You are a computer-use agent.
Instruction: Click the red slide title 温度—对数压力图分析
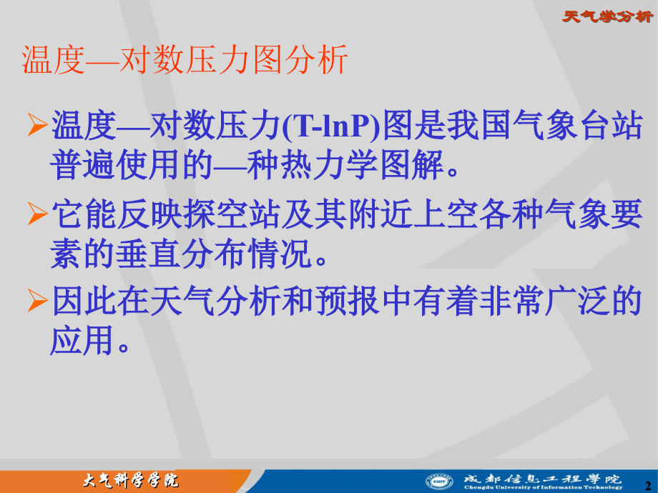point(185,60)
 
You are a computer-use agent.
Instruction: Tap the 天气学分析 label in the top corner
point(608,16)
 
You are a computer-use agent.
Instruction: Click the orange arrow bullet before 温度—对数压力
point(37,124)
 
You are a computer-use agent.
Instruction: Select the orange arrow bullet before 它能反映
point(37,214)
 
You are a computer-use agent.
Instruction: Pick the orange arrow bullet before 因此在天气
point(37,301)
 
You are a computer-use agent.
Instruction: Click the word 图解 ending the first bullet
point(412,165)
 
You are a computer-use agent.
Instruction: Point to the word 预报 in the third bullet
point(348,301)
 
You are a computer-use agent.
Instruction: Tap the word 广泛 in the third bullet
point(577,301)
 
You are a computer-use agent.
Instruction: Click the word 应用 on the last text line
point(82,340)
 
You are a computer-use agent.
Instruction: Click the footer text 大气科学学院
point(130,480)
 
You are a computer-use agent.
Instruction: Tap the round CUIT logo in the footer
point(439,482)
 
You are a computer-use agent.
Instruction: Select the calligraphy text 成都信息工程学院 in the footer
point(543,478)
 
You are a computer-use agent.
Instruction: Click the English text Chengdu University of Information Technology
point(544,487)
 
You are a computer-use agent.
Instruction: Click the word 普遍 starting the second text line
point(82,165)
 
